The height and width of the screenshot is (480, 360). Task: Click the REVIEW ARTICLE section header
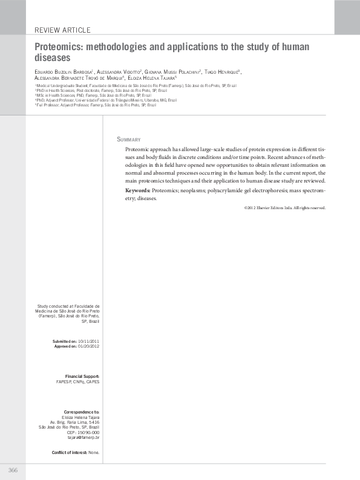click(x=63, y=30)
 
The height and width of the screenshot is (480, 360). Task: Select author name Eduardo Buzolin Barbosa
click(x=61, y=72)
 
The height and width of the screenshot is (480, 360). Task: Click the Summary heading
click(x=129, y=139)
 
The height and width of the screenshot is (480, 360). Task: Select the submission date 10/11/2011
click(x=89, y=342)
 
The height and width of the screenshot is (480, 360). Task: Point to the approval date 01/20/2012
click(x=88, y=347)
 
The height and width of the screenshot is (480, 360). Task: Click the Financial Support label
click(x=82, y=377)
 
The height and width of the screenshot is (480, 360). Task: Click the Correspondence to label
click(x=82, y=412)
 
